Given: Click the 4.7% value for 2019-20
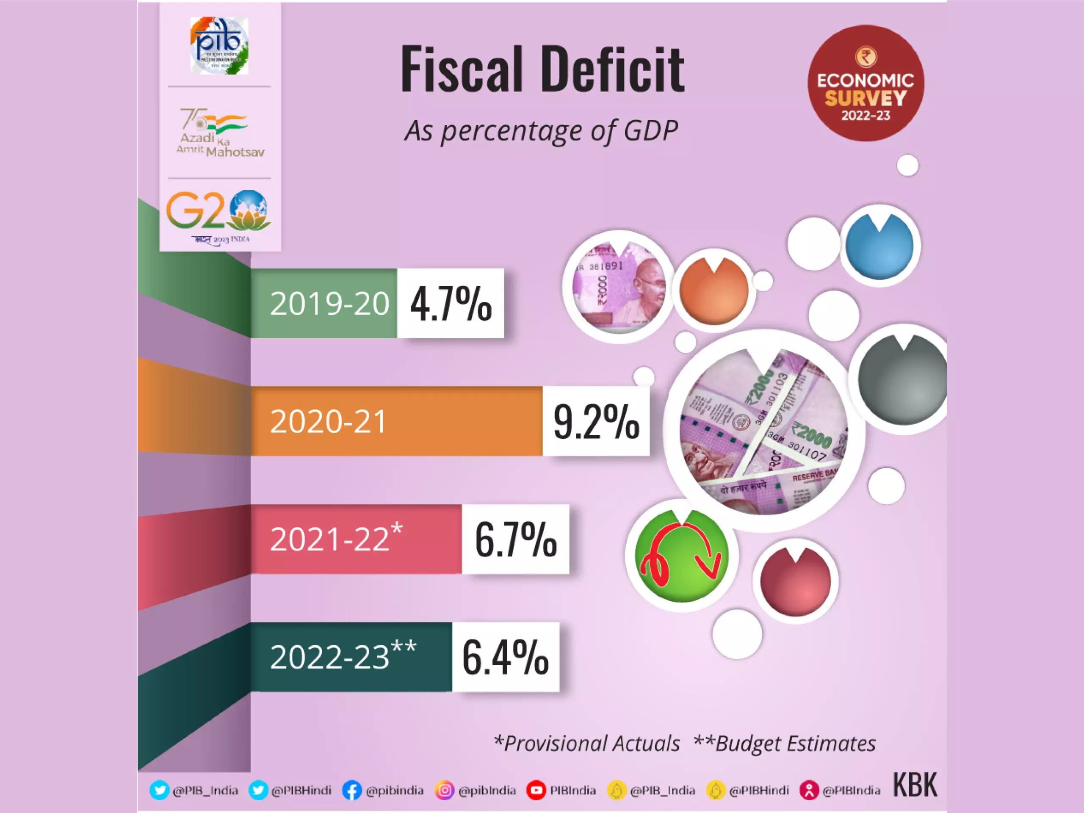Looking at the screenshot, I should coord(451,303).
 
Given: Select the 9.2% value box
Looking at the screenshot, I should coord(596,421).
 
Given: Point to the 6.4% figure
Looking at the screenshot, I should coord(505,657).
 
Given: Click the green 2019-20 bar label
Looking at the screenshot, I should coord(329,303).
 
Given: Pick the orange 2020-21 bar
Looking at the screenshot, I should coord(397,421).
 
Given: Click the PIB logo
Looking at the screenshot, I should coord(219,46).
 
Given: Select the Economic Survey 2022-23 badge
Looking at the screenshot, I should coord(866,83).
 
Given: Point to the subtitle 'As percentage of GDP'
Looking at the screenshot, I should coord(541,131).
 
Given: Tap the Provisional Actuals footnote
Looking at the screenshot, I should coord(587,744).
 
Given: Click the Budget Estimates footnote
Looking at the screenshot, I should coord(785,744).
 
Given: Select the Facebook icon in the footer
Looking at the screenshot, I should coord(351,791).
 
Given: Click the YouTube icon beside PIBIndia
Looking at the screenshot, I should coord(536,791).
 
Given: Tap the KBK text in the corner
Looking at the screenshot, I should coord(915,785).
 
